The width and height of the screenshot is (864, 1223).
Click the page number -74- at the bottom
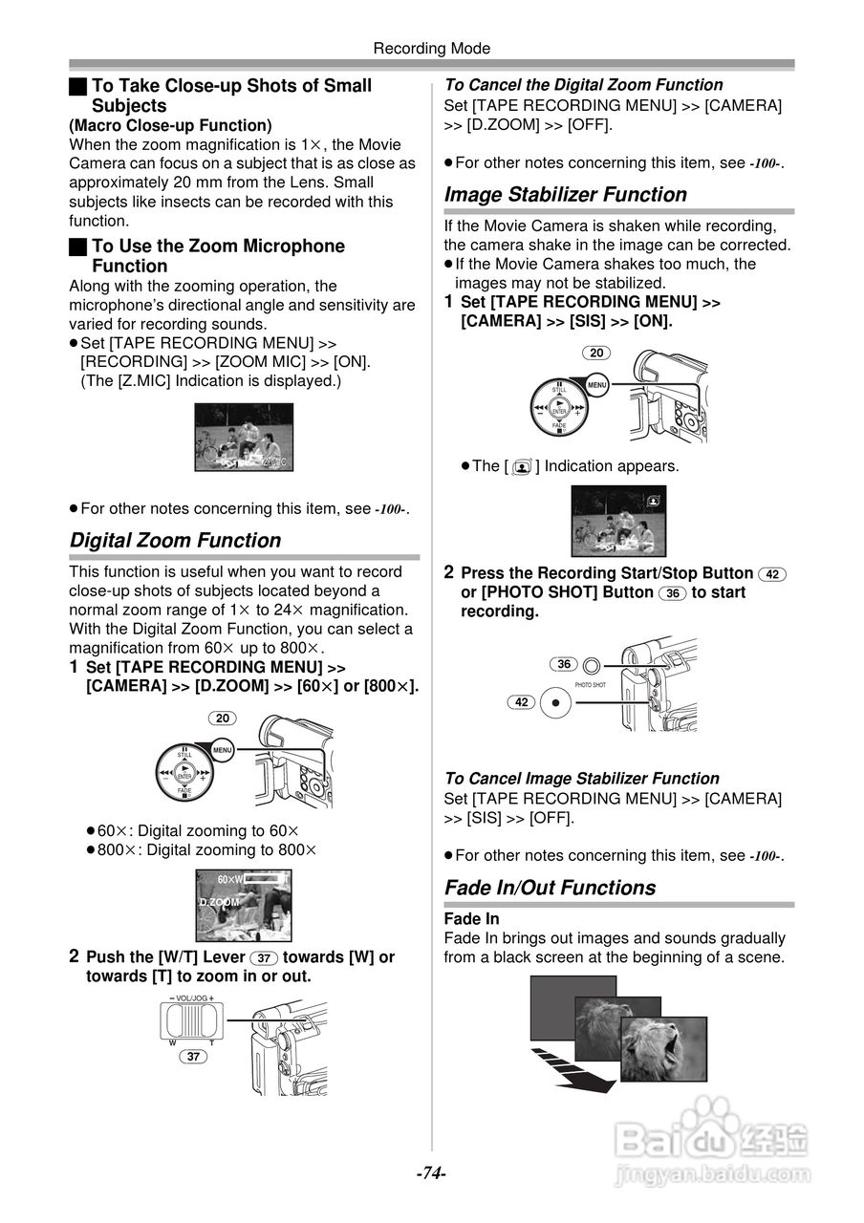[x=431, y=1172]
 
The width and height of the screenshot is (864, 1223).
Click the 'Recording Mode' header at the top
[x=431, y=48]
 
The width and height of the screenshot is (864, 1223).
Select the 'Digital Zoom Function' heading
[x=176, y=541]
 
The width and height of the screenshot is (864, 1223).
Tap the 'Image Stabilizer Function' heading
[x=565, y=195]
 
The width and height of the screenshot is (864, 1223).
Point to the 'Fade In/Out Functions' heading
[x=550, y=888]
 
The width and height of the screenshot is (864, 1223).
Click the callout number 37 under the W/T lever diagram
[x=194, y=1057]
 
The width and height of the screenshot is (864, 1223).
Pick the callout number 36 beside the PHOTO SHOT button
[x=564, y=664]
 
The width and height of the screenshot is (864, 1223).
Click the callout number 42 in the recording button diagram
[x=522, y=702]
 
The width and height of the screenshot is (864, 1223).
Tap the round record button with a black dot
[x=555, y=703]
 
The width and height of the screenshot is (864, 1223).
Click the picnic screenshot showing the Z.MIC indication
[x=244, y=437]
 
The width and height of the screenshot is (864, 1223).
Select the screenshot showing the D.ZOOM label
[x=243, y=905]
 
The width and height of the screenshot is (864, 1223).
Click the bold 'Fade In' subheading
[x=472, y=919]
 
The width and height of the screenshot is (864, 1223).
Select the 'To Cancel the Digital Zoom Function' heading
[x=583, y=85]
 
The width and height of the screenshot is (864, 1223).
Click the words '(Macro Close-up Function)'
[x=170, y=125]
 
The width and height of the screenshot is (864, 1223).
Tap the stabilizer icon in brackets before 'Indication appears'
[x=521, y=467]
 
